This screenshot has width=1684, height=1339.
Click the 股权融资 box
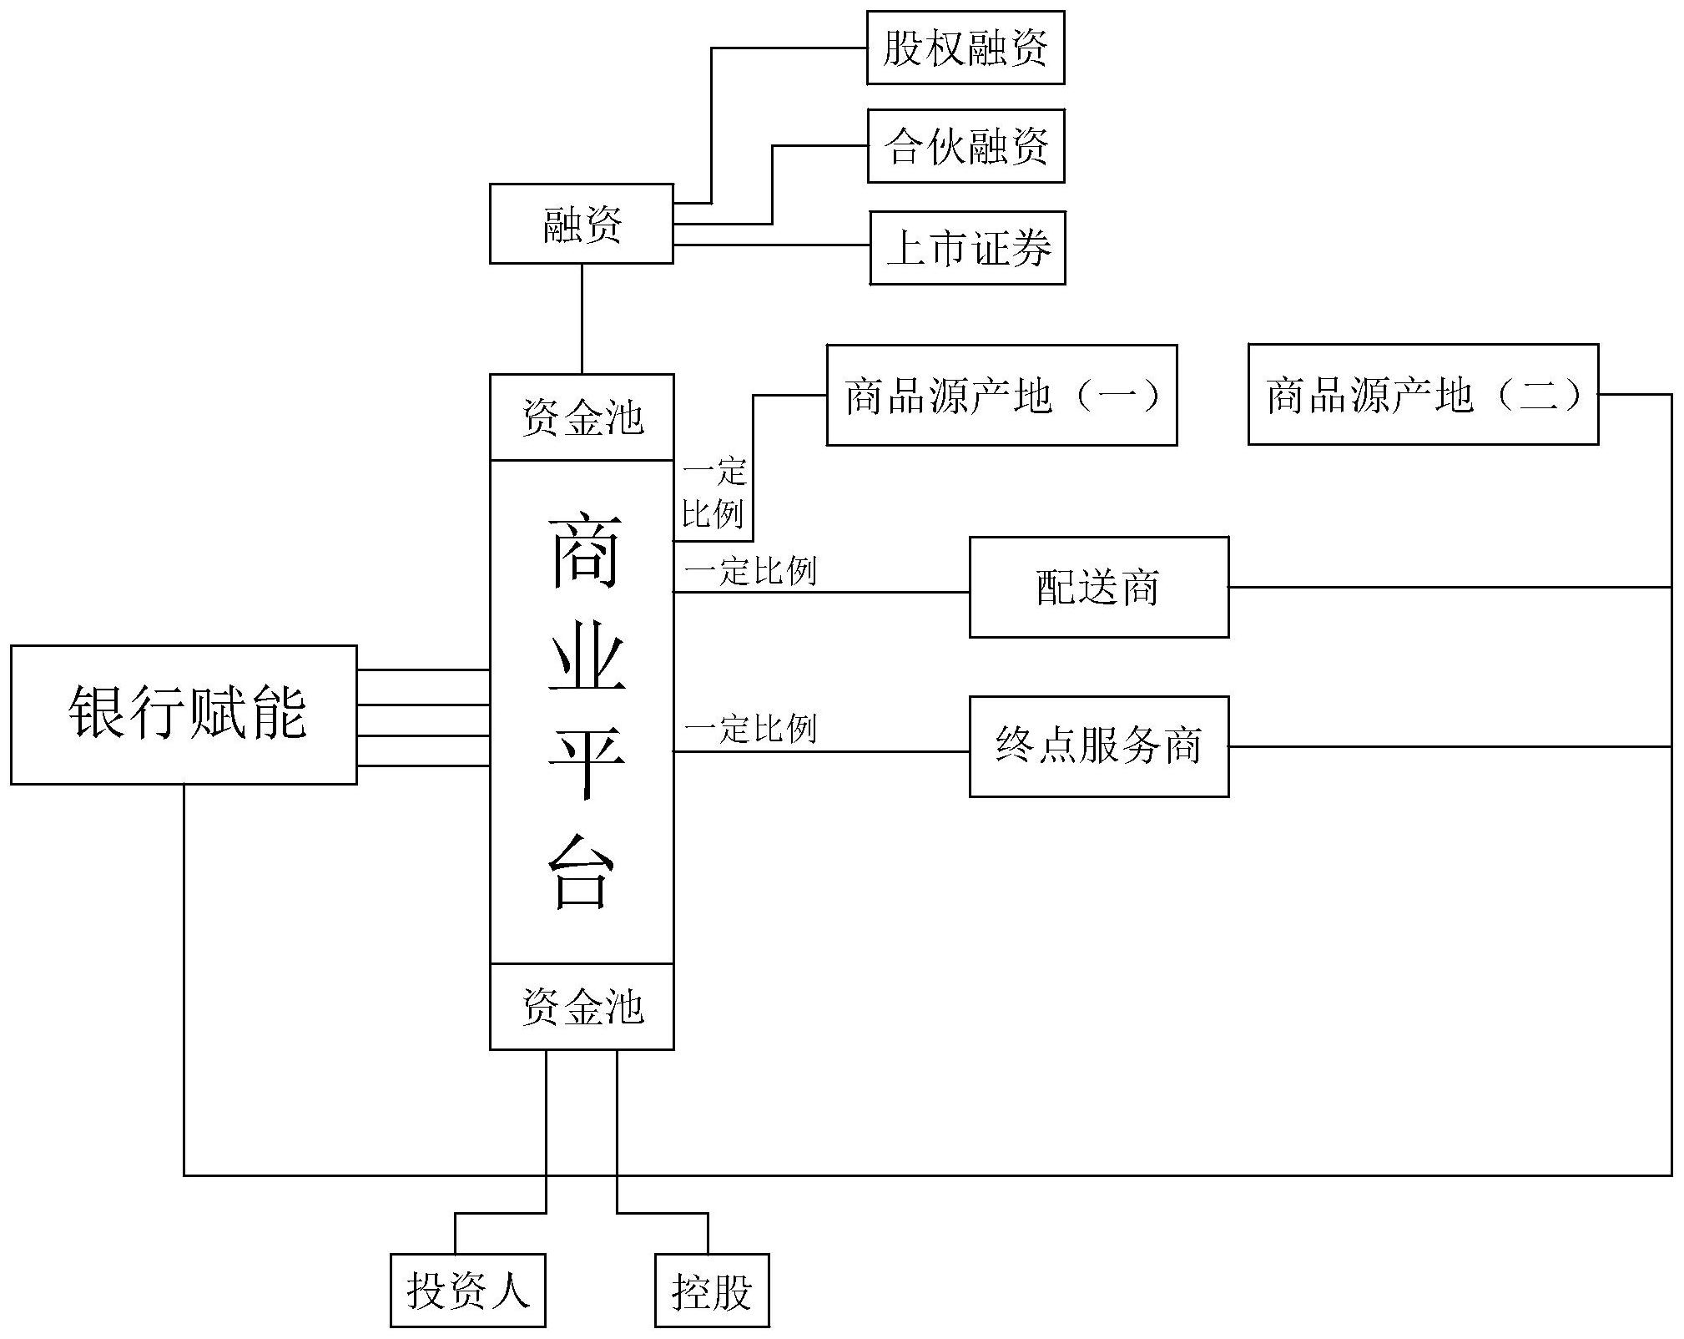click(966, 48)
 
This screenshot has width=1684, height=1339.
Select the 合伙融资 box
click(966, 146)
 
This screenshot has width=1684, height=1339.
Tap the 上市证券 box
click(967, 248)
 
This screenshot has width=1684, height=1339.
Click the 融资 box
click(581, 224)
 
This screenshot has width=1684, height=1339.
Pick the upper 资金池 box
click(582, 417)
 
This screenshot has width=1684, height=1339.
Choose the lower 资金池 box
click(582, 1006)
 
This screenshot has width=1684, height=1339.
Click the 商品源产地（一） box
click(1001, 395)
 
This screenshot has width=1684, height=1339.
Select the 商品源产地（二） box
click(1423, 394)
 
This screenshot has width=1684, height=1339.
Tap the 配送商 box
click(1098, 587)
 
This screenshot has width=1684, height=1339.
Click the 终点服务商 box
click(1098, 746)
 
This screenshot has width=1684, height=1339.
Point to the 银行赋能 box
click(184, 715)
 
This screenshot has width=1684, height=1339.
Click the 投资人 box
click(467, 1290)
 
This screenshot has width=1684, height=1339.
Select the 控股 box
click(711, 1290)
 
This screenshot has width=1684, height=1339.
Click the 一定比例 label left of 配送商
click(749, 572)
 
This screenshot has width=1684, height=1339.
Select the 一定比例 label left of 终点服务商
click(749, 729)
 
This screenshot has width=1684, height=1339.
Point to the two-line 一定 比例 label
click(713, 493)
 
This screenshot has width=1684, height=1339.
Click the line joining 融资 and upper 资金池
click(582, 319)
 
